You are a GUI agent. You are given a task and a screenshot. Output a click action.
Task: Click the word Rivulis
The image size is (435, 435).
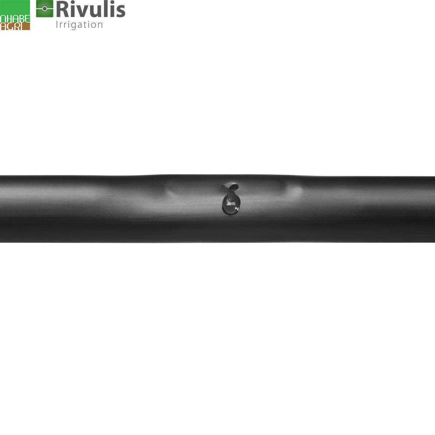click(91, 9)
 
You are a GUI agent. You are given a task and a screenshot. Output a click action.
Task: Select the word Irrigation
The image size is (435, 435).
click(79, 24)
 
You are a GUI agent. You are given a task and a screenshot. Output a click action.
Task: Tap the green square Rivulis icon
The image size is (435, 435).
click(44, 9)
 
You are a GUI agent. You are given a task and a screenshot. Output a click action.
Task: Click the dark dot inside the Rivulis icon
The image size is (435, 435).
click(44, 9)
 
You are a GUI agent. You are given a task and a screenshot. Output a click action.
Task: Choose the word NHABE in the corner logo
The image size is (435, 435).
click(15, 19)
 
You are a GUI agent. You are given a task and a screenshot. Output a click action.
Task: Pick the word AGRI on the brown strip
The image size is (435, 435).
click(12, 27)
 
